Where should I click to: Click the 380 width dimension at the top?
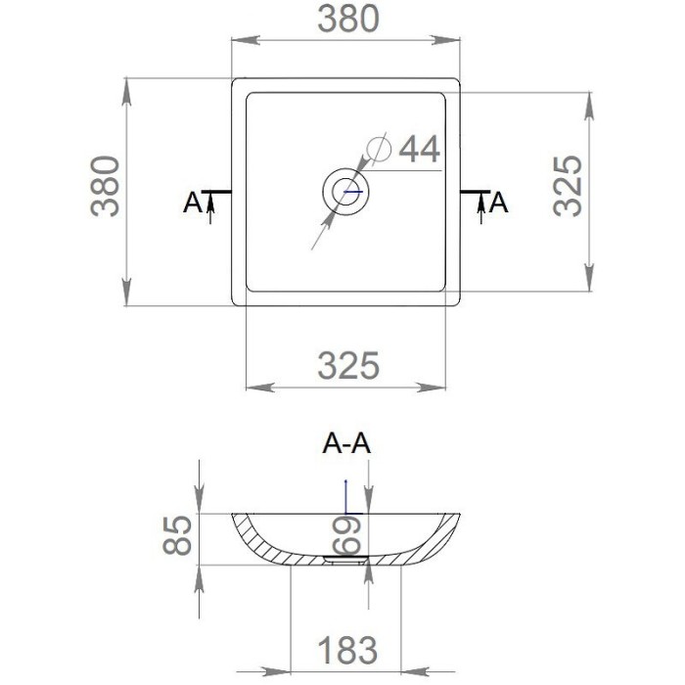tap(346, 20)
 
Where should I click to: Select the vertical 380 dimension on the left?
tap(106, 185)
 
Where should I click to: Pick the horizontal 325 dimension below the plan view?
tap(347, 366)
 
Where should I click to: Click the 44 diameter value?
tap(419, 150)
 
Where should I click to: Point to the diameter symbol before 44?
tap(379, 147)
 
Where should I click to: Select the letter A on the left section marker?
tap(193, 203)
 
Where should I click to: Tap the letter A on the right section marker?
tap(498, 203)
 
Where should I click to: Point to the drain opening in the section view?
tap(345, 561)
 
